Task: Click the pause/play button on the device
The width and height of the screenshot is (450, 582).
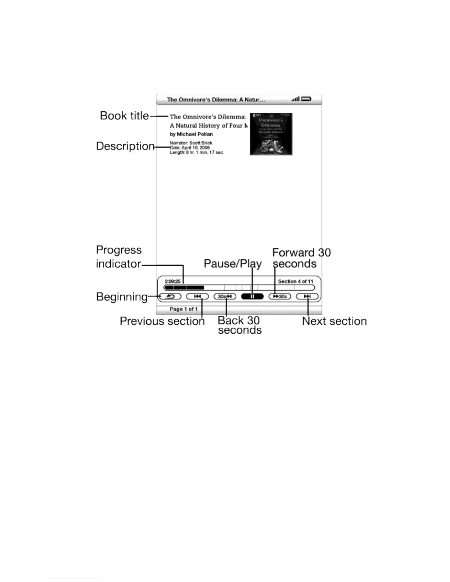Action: click(252, 297)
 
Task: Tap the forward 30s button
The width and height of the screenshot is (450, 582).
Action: click(280, 297)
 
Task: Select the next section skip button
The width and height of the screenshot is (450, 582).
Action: click(307, 297)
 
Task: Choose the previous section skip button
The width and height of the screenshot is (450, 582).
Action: click(197, 297)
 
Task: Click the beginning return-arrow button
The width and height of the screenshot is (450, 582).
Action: click(171, 297)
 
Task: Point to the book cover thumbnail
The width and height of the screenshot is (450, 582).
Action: click(271, 134)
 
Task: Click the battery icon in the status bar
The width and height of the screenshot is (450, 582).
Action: click(306, 99)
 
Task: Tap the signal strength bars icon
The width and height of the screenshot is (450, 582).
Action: click(295, 99)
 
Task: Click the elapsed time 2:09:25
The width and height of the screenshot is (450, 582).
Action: click(172, 281)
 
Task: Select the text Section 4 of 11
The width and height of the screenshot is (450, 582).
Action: click(296, 281)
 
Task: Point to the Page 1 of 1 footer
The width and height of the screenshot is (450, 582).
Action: click(184, 309)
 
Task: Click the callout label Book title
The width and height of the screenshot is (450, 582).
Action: click(124, 116)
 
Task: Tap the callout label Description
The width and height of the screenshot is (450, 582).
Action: click(125, 146)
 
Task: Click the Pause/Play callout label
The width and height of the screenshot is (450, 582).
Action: click(233, 263)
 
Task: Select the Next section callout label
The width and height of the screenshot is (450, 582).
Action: click(334, 321)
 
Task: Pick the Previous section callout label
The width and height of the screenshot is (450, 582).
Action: click(162, 321)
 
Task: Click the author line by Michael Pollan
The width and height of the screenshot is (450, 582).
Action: click(191, 134)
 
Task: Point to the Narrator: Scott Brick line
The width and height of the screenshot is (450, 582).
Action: click(191, 143)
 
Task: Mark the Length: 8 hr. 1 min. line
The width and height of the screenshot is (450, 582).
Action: click(197, 152)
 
